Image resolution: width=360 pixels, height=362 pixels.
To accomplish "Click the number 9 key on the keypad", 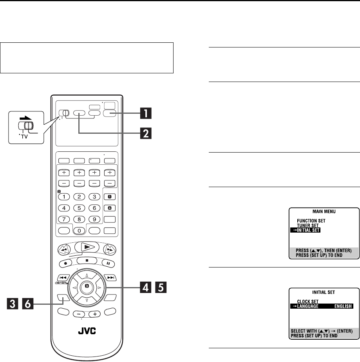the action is [x=94, y=219].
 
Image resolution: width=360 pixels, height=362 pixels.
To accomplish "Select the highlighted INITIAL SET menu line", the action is [x=305, y=230].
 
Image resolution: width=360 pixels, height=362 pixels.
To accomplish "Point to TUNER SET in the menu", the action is [x=308, y=226].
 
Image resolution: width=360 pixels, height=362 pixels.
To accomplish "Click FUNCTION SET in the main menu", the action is [x=312, y=221].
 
